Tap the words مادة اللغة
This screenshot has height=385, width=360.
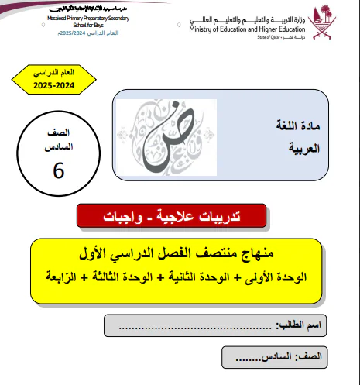point(293,124)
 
